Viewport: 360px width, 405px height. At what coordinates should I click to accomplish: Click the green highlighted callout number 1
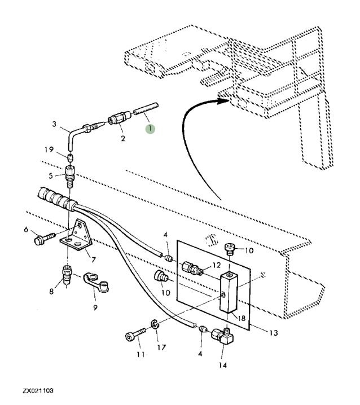150,129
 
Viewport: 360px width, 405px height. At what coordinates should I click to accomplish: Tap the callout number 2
123,138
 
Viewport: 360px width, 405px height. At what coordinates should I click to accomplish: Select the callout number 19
49,149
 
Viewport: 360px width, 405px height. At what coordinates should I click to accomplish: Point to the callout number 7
93,259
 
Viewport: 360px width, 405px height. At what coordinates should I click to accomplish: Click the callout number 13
274,333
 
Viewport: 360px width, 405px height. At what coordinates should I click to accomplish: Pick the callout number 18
242,318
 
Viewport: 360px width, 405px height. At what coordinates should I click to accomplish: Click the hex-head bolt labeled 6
44,239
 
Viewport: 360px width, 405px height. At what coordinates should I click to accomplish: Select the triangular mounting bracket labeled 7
77,236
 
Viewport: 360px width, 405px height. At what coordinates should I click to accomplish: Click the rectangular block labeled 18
229,292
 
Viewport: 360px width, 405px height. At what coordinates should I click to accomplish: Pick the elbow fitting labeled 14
222,335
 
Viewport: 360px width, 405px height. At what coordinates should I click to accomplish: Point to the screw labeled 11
135,334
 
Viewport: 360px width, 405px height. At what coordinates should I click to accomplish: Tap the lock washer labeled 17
155,324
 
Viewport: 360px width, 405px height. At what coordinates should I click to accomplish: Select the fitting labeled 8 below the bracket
67,274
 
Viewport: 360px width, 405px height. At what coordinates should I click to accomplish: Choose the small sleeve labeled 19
71,157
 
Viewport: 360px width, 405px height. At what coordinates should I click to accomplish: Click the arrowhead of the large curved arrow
223,101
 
